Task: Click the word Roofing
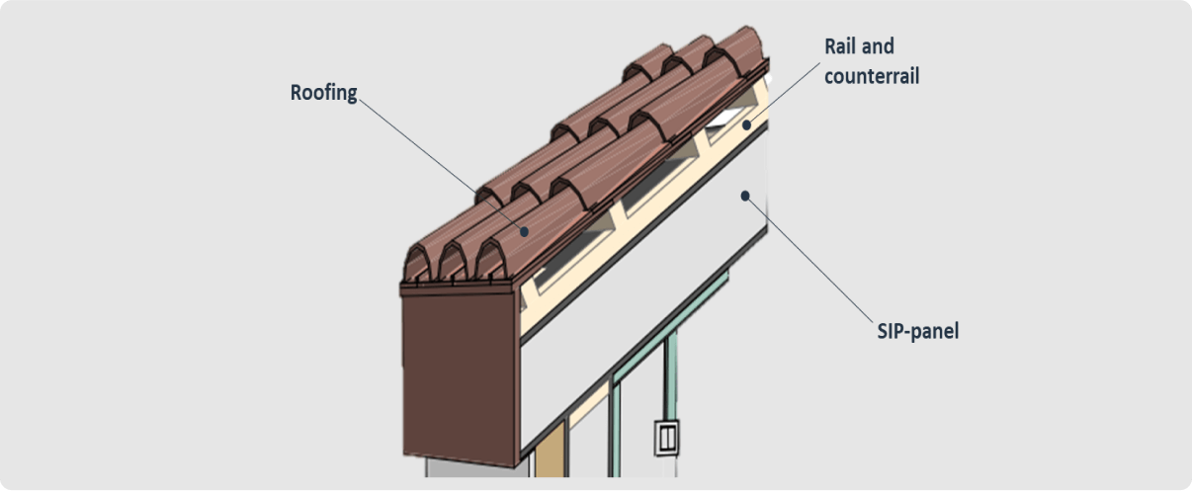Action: [x=323, y=93]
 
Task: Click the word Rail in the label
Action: [x=841, y=47]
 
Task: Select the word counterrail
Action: [x=872, y=75]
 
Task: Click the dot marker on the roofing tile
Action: [x=524, y=230]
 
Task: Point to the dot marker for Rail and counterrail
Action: [x=747, y=125]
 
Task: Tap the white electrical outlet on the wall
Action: [x=665, y=435]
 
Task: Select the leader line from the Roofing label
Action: [x=435, y=158]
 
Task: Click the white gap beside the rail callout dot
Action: [x=726, y=121]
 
